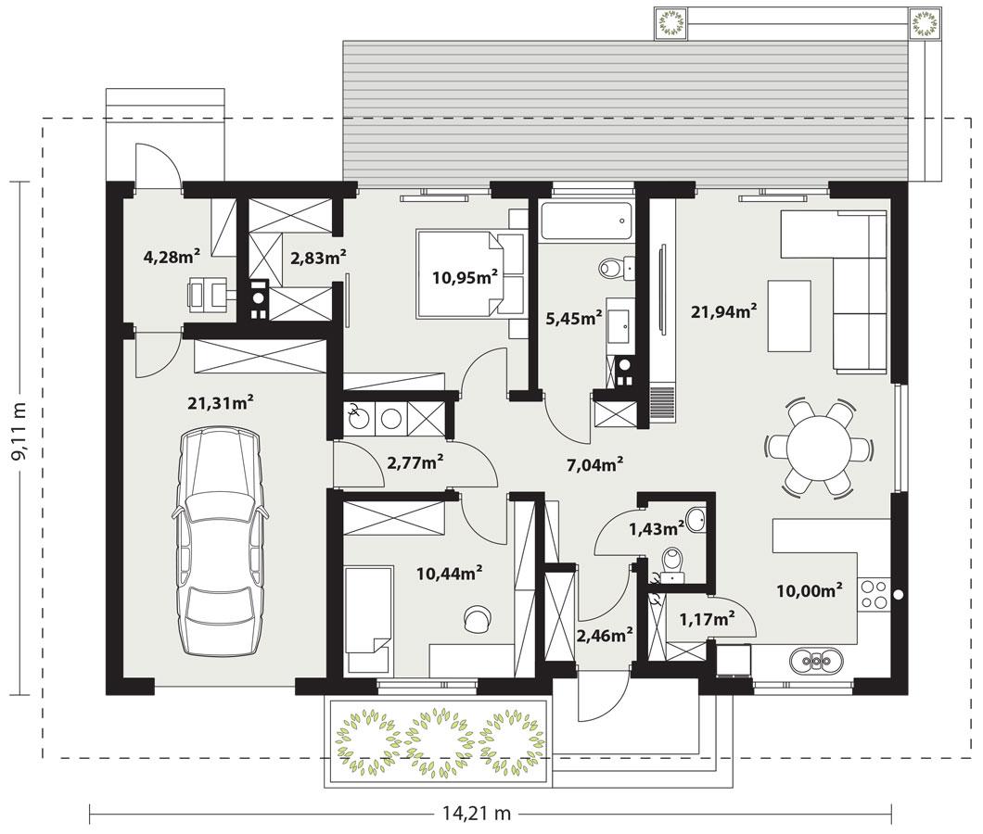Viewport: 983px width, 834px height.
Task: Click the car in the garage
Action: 219,543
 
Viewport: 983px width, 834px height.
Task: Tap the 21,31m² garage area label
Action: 221,402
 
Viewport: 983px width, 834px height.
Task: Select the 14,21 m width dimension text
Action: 476,814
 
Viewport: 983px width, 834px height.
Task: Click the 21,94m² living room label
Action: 723,311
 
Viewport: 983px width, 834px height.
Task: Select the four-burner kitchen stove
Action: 873,593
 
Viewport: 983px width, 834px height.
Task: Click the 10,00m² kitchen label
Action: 810,589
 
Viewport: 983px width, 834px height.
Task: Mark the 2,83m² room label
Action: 318,259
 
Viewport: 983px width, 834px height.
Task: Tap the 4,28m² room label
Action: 172,257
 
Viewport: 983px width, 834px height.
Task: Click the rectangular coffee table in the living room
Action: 789,315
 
